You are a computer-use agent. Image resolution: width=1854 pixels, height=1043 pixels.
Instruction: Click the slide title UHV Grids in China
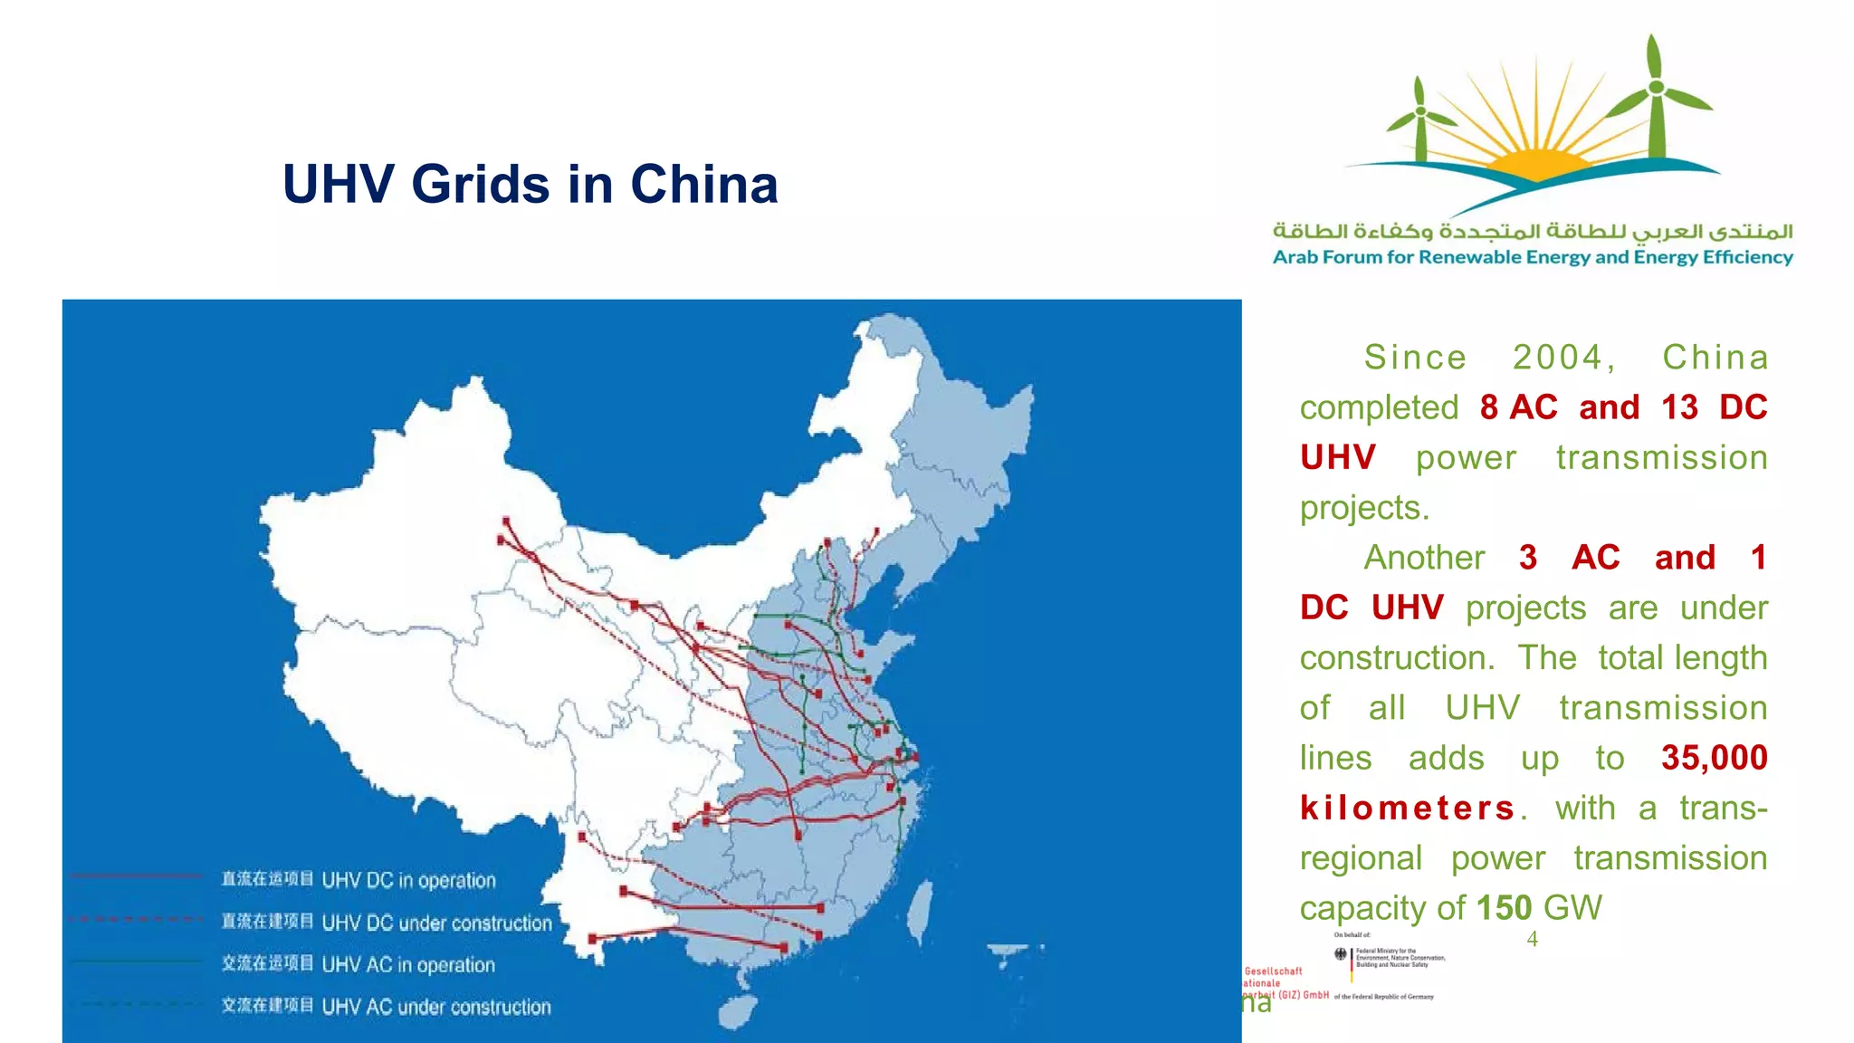pyautogui.click(x=530, y=184)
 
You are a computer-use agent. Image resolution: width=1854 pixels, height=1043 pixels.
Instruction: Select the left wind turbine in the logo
pyautogui.click(x=1420, y=118)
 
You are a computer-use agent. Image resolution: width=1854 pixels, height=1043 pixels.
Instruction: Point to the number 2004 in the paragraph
pyautogui.click(x=1563, y=358)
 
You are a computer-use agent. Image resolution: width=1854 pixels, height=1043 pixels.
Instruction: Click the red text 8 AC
pyautogui.click(x=1518, y=407)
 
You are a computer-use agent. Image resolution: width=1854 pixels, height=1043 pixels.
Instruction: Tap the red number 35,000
pyautogui.click(x=1714, y=758)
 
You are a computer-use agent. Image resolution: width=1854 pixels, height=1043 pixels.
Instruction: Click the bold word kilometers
pyautogui.click(x=1408, y=808)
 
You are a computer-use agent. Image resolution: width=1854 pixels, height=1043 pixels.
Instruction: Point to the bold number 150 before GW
pyautogui.click(x=1504, y=908)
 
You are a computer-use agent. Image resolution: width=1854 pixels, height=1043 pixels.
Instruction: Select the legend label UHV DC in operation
pyautogui.click(x=408, y=880)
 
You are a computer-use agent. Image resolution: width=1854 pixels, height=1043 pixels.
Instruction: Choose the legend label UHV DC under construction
pyautogui.click(x=436, y=923)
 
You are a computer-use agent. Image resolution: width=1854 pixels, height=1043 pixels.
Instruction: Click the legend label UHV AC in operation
pyautogui.click(x=408, y=965)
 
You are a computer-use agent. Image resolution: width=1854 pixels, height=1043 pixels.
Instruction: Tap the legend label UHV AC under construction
pyautogui.click(x=435, y=1007)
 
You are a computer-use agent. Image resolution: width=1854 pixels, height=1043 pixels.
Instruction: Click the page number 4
pyautogui.click(x=1532, y=939)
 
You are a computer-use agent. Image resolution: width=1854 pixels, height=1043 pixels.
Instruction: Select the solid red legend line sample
pyautogui.click(x=136, y=876)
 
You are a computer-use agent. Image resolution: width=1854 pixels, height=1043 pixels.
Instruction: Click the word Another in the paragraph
pyautogui.click(x=1424, y=558)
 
